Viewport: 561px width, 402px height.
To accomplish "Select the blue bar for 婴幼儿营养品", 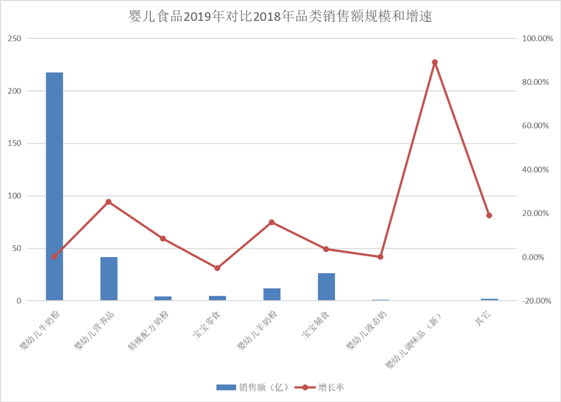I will click(109, 278).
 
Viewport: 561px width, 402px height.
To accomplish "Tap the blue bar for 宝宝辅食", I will click(326, 286).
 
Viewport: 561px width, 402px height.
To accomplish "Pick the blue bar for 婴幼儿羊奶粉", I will click(272, 294).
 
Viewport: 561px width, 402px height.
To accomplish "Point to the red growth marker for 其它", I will click(489, 216).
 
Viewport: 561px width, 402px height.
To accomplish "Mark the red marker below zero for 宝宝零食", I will click(218, 268).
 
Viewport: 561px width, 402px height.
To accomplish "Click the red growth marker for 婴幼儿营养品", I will click(109, 202).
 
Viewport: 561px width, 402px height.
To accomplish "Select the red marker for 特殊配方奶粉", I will click(163, 238).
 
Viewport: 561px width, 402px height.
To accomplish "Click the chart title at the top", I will click(280, 17).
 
